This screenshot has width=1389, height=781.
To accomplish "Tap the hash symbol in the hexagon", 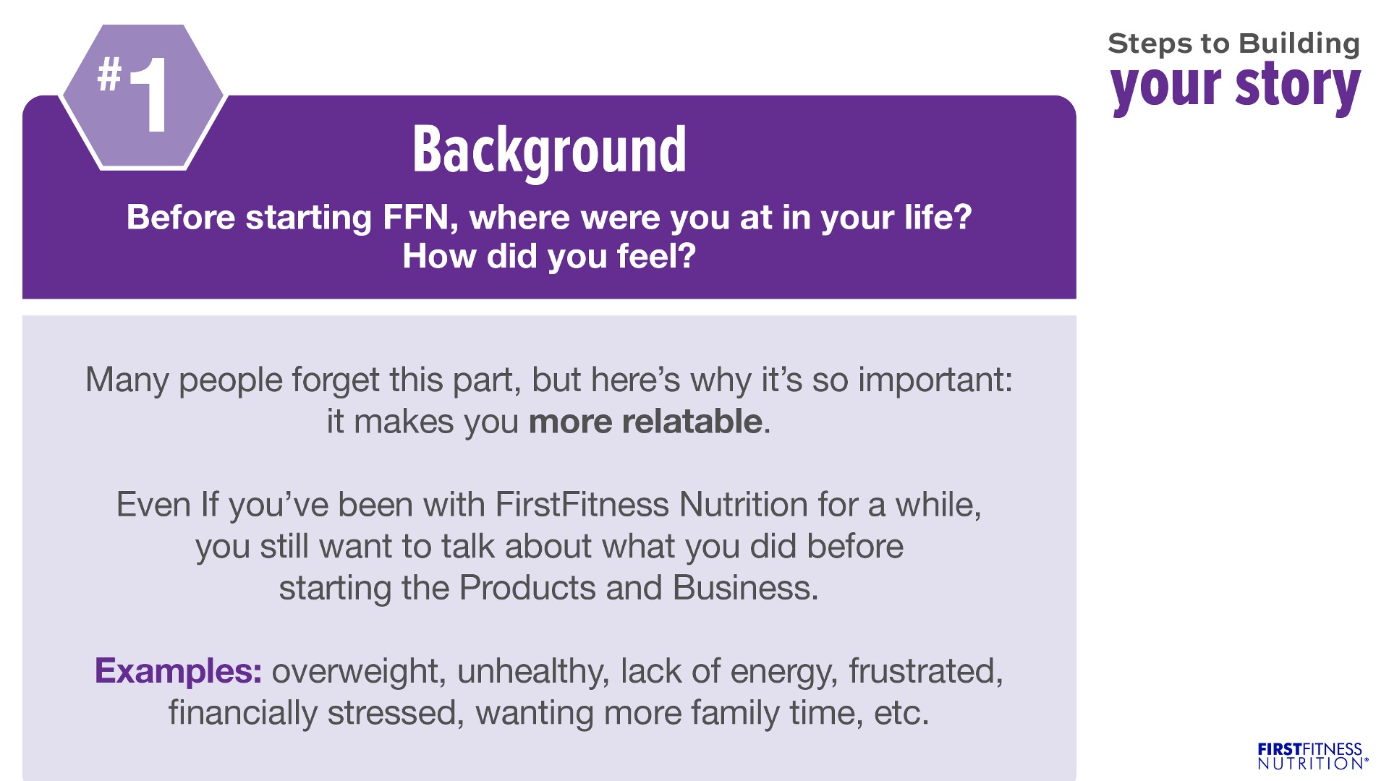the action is (x=109, y=74).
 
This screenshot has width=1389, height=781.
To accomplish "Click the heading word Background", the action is (x=549, y=150).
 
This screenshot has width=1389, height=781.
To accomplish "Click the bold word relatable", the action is (x=692, y=421).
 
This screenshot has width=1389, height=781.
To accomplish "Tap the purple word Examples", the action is (x=178, y=672).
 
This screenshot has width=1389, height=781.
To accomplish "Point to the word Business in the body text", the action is (x=745, y=588).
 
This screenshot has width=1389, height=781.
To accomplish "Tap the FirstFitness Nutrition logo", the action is (x=1312, y=756).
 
